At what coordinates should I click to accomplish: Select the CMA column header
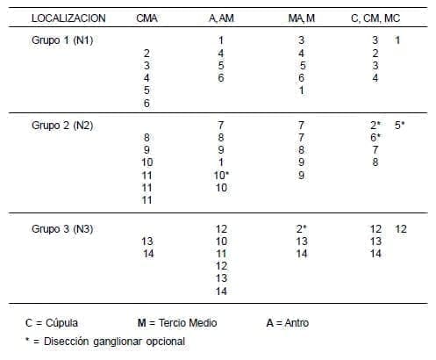point(147,18)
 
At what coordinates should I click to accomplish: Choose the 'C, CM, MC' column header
point(380,18)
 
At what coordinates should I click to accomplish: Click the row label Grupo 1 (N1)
point(62,40)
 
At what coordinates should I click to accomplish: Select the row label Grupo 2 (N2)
point(62,126)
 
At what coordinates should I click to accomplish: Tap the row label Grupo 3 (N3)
point(62,229)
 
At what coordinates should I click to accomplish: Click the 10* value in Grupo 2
point(222,175)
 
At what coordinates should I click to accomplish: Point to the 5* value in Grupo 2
point(400,126)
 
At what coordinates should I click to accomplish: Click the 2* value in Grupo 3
point(302,229)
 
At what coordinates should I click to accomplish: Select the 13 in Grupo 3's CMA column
point(147,241)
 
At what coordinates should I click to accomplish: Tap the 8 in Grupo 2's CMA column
point(147,138)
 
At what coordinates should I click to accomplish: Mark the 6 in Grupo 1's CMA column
point(147,102)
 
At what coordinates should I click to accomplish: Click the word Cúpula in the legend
point(60,322)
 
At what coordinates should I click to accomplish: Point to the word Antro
point(294,322)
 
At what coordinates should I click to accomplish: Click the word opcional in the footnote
point(164,341)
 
